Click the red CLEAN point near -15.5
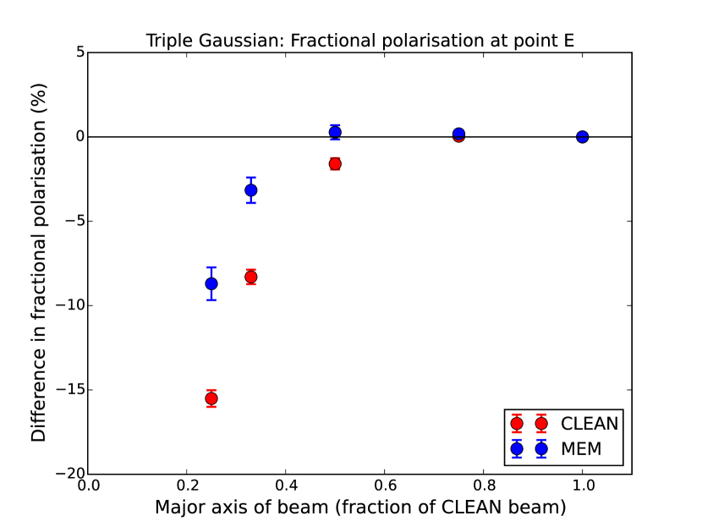click(x=211, y=398)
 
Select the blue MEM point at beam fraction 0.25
click(x=211, y=283)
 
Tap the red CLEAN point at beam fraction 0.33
click(x=250, y=277)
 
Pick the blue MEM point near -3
click(x=250, y=190)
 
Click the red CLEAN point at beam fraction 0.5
click(x=335, y=164)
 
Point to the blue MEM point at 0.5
click(x=335, y=132)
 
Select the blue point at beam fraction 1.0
click(x=582, y=136)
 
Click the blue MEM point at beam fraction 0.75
click(x=458, y=134)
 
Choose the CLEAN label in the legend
click(x=590, y=424)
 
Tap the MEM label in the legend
click(x=581, y=448)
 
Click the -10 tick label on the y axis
click(x=70, y=305)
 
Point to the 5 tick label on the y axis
click(x=80, y=52)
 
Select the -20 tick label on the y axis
click(x=70, y=474)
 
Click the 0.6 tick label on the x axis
click(x=385, y=486)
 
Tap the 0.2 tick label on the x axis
click(x=187, y=486)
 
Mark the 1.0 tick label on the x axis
click(x=583, y=486)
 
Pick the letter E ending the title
click(x=569, y=41)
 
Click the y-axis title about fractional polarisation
click(x=39, y=263)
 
